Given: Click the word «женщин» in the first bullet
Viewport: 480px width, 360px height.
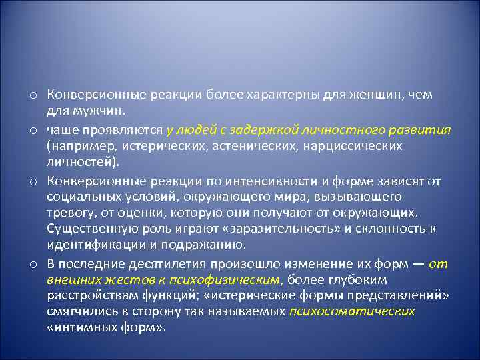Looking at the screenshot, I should [x=382, y=95].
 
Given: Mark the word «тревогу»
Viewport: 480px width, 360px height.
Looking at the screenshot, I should [x=70, y=212].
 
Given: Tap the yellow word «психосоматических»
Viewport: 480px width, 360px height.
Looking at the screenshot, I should [x=353, y=312].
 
